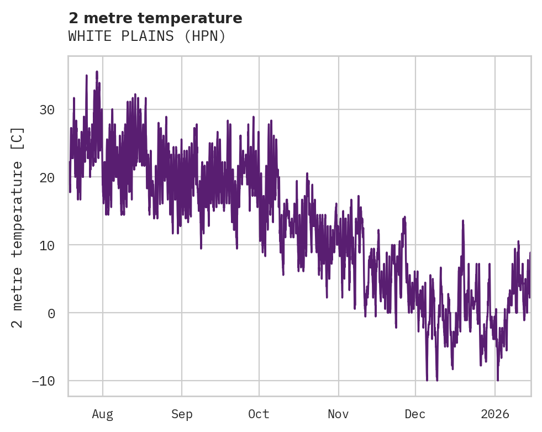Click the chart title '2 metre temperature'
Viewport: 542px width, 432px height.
pos(155,18)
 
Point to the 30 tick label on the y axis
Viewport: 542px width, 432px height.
pos(47,109)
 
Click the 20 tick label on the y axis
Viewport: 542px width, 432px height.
pos(47,177)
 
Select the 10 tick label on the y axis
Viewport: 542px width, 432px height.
pos(47,245)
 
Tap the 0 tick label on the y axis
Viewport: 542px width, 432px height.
pos(51,313)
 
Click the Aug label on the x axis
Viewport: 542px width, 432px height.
pos(103,414)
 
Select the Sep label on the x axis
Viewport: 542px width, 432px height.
pos(182,414)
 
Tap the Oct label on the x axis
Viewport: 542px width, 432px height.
pos(259,414)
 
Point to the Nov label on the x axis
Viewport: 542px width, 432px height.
pos(338,414)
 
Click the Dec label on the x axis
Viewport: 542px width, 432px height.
pos(415,414)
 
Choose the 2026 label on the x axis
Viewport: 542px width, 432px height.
pos(495,414)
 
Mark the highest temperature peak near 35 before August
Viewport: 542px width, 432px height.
pos(97,71)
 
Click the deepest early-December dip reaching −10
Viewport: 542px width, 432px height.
pos(427,380)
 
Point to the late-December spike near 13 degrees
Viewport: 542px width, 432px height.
pos(463,220)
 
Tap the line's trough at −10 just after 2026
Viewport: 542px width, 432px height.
pos(498,380)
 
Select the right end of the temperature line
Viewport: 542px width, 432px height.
pos(530,253)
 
